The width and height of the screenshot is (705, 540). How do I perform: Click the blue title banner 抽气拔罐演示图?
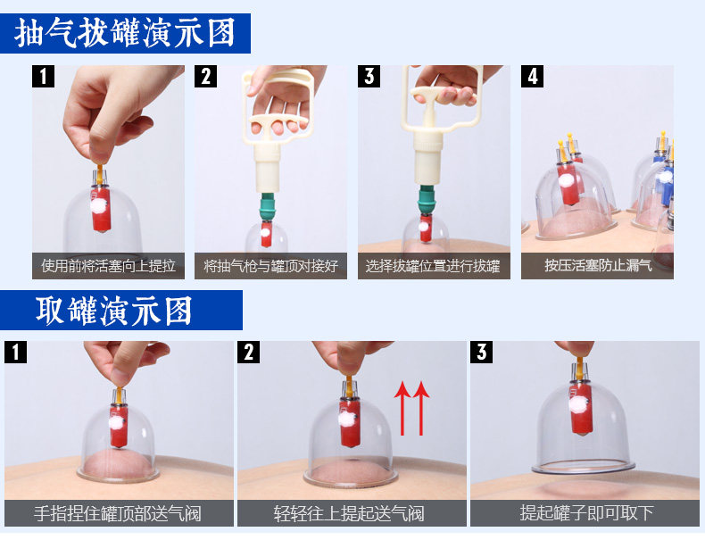125,33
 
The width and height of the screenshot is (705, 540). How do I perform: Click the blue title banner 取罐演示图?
121,311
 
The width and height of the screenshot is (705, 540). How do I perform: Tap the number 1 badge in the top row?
43,76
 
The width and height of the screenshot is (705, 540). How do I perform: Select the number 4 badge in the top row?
533,76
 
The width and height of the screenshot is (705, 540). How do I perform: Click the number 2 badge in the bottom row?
249,352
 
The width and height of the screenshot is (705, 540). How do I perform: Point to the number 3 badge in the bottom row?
482,352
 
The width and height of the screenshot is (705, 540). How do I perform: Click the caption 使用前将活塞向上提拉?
108,266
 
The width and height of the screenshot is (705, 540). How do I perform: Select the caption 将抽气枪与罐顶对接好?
270,266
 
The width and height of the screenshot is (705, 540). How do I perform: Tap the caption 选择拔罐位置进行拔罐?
433,266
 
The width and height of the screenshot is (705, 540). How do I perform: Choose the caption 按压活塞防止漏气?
598,265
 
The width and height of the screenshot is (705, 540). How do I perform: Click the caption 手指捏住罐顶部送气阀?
118,513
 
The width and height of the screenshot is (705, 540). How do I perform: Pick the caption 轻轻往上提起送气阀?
349,513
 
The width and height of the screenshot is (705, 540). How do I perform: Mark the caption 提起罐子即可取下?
586,512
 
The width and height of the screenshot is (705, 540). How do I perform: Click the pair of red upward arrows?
412,408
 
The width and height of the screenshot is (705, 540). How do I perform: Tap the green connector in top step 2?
267,206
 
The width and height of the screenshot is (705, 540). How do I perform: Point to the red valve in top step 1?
101,209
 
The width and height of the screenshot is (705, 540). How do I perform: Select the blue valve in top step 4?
666,179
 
